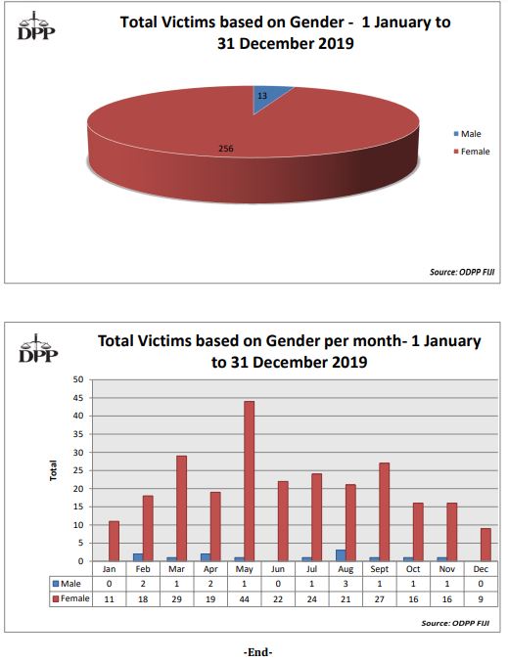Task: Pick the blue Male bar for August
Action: [x=340, y=555]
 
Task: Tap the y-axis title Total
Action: [x=53, y=469]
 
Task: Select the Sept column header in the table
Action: [x=379, y=568]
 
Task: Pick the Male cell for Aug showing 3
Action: [x=345, y=584]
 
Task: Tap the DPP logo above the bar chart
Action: [x=38, y=347]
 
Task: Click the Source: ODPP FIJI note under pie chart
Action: [x=458, y=272]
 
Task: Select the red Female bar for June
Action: [x=283, y=521]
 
